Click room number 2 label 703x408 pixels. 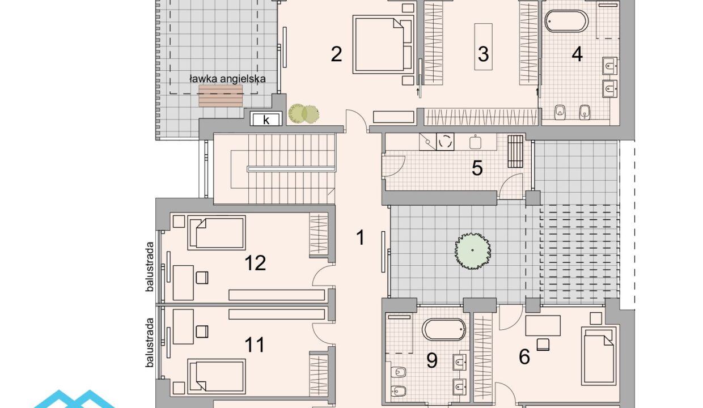(x=336, y=54)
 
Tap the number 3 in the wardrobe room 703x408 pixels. (x=483, y=54)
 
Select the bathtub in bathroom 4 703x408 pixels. (x=566, y=22)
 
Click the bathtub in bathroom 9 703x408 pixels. (x=444, y=330)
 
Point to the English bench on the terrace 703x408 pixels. (x=221, y=96)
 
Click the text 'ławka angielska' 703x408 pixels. (x=227, y=78)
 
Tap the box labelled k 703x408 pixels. (x=266, y=120)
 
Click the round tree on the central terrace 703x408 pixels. (x=473, y=251)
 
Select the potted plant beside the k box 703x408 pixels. (x=304, y=113)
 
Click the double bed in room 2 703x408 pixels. (x=383, y=44)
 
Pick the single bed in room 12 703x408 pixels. (x=217, y=233)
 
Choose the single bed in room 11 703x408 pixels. (x=217, y=376)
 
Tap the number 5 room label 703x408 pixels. (x=477, y=168)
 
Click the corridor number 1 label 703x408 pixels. (x=361, y=237)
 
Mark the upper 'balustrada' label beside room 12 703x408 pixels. (x=150, y=266)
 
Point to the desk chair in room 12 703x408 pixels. (x=202, y=278)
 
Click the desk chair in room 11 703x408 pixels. (x=202, y=331)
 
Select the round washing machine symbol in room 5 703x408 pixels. (x=446, y=142)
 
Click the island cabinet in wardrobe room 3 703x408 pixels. (x=483, y=46)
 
